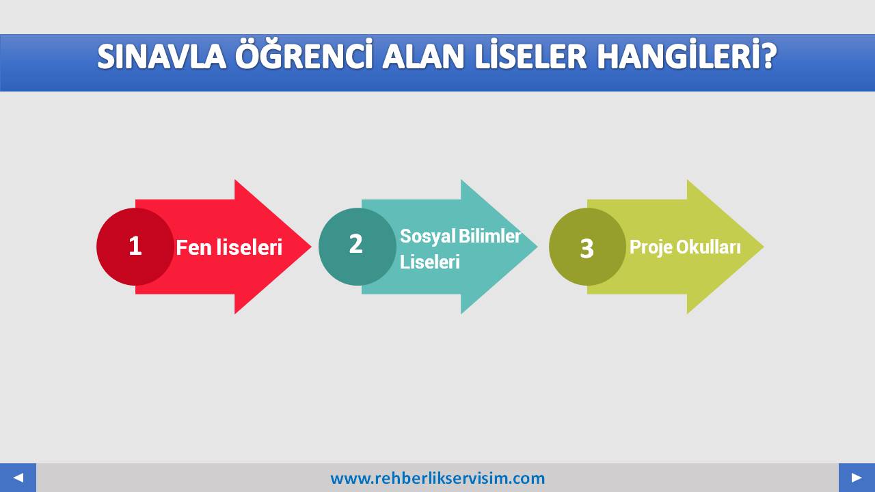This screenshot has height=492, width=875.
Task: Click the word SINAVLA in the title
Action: click(162, 57)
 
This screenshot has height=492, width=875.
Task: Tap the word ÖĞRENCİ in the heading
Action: click(303, 54)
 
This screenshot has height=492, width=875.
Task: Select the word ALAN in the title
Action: click(423, 57)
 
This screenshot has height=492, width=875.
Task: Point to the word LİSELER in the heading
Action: click(530, 54)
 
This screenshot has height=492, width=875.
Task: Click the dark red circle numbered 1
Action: click(135, 247)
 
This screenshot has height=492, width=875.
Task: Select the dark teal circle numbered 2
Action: click(358, 247)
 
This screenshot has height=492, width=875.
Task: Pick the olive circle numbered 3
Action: click(587, 247)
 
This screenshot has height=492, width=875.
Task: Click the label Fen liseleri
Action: click(229, 247)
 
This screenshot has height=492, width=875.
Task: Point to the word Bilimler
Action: click(490, 236)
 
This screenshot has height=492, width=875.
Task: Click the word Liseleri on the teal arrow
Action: click(430, 262)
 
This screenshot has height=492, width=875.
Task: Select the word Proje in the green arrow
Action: click(651, 247)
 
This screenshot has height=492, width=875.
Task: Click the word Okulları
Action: click(708, 247)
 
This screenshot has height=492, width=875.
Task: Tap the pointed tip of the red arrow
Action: click(311, 247)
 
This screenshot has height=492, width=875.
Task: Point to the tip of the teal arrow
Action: click(537, 247)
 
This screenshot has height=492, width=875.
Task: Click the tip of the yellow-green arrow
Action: click(764, 247)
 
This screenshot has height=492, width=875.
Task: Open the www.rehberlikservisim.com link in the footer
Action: click(437, 478)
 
